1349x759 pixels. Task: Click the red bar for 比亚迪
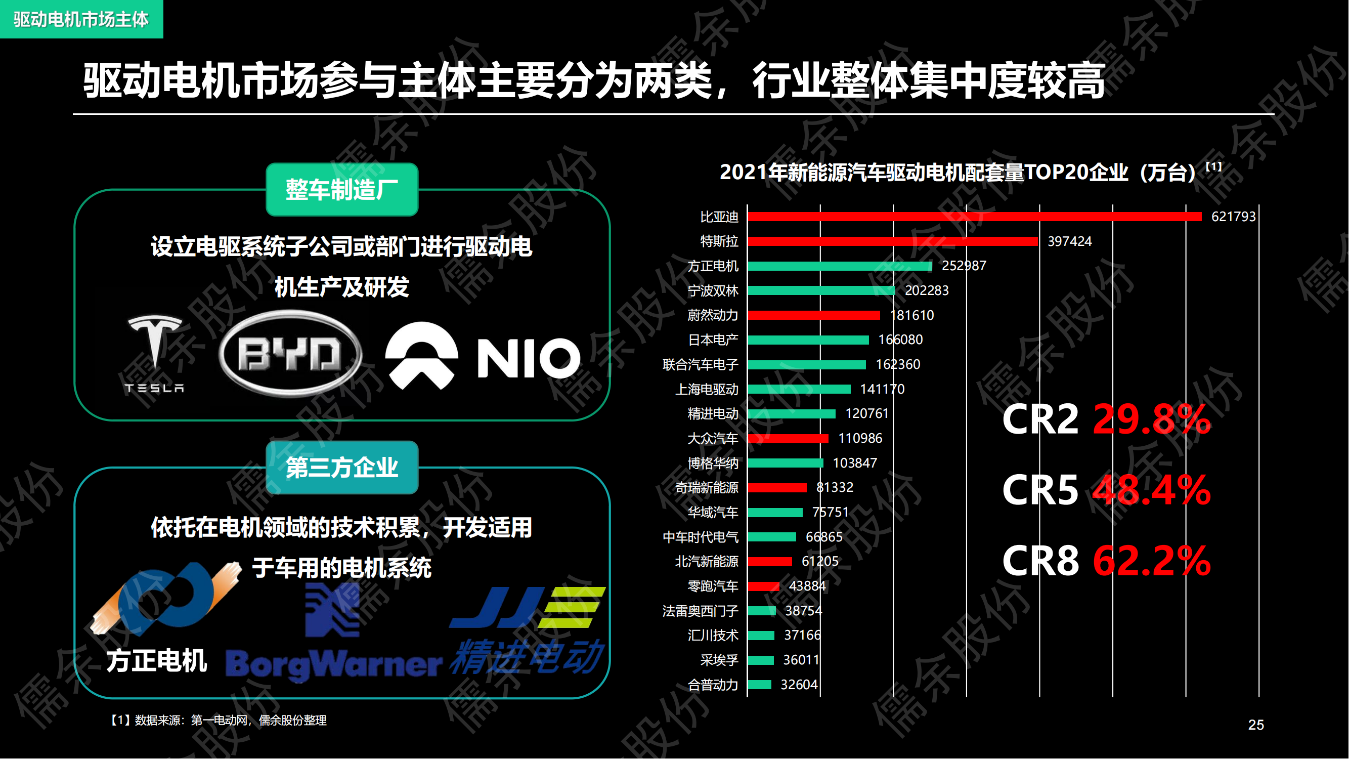(x=974, y=217)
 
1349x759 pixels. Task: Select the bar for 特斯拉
(x=892, y=241)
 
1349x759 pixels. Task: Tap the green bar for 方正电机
(x=840, y=266)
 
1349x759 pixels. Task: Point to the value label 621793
(x=1233, y=217)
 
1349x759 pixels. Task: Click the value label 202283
(x=926, y=290)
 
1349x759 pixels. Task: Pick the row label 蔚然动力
(x=712, y=315)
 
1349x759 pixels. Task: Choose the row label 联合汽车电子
(x=700, y=364)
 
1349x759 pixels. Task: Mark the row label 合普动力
(x=712, y=685)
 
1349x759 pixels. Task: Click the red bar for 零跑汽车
(x=763, y=586)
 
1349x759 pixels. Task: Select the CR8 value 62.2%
(x=1152, y=561)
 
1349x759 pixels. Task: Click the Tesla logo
(x=154, y=354)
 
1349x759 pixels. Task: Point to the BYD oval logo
(x=290, y=354)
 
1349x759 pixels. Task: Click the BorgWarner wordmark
(x=334, y=664)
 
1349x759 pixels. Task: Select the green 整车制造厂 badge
(x=342, y=190)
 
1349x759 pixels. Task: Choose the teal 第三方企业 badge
(x=342, y=467)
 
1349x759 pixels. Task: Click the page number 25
(x=1256, y=725)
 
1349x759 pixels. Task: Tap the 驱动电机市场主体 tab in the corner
(x=81, y=19)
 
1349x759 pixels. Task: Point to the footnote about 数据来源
(x=218, y=720)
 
